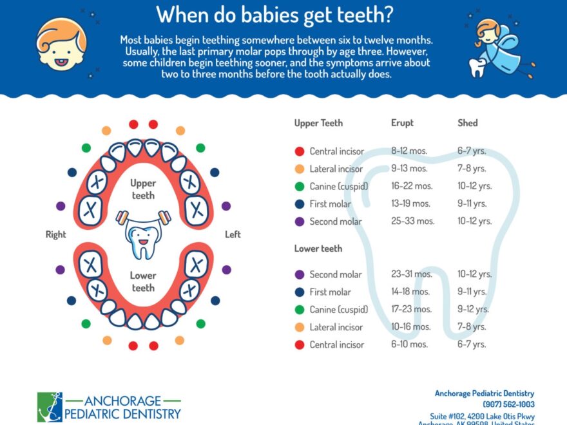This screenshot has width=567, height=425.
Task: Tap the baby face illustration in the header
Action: click(x=61, y=42)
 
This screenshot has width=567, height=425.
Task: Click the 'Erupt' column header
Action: click(x=402, y=123)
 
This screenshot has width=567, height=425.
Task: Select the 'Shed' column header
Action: click(x=467, y=123)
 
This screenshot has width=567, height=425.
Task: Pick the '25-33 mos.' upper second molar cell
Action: click(x=412, y=221)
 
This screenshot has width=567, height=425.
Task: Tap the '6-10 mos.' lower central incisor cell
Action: click(x=409, y=345)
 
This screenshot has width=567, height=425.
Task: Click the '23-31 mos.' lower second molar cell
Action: click(x=411, y=274)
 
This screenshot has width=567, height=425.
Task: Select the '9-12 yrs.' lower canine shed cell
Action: click(x=474, y=309)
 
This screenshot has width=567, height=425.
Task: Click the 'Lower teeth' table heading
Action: click(x=318, y=249)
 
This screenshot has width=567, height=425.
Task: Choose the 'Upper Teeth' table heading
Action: click(x=318, y=123)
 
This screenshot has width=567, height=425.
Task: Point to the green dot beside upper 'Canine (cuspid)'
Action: click(x=299, y=187)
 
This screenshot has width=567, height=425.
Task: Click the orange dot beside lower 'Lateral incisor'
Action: click(x=299, y=327)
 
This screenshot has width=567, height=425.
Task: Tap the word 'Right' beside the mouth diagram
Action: click(x=55, y=234)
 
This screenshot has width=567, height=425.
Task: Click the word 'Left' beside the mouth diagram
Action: click(x=233, y=234)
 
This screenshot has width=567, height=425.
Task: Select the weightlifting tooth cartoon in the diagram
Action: click(x=142, y=234)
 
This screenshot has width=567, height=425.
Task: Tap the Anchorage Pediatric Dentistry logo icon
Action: click(x=50, y=406)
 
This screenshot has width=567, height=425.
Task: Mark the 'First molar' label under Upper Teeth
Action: click(x=330, y=204)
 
